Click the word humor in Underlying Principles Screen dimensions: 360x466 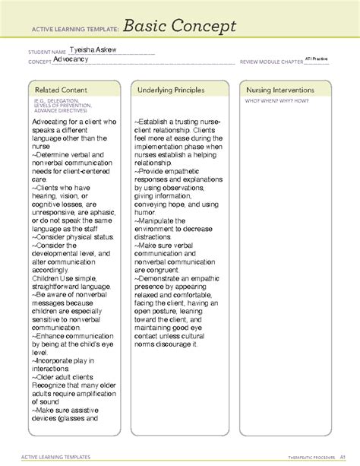pyautogui.click(x=148, y=214)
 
